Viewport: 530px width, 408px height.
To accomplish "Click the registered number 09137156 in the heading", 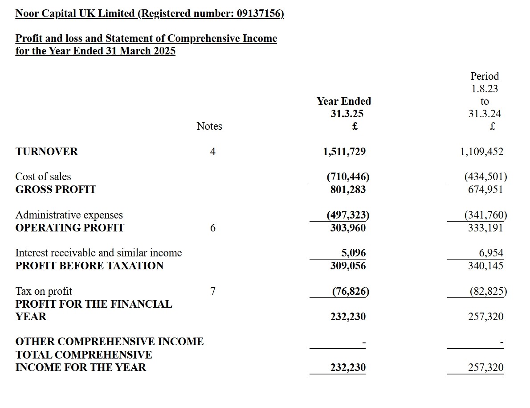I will [x=259, y=13].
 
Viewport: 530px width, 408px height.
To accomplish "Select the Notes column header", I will [x=209, y=126].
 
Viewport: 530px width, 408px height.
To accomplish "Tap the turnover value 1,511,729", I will [x=344, y=152].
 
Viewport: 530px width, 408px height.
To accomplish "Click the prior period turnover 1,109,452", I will [x=481, y=152].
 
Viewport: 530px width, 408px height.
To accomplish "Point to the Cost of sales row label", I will [x=43, y=177].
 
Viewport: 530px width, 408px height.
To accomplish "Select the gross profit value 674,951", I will [x=485, y=190].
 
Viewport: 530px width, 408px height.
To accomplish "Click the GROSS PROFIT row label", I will [x=56, y=190].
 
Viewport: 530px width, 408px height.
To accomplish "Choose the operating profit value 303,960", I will [x=348, y=228].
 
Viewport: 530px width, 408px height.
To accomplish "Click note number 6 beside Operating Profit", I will [x=213, y=228].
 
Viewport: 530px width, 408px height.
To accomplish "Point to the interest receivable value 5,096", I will [x=354, y=253].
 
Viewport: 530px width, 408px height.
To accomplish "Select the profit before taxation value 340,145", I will [x=485, y=266].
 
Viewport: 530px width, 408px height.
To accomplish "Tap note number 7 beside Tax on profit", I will [x=213, y=291].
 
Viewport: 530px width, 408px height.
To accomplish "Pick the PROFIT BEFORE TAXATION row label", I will [x=90, y=266].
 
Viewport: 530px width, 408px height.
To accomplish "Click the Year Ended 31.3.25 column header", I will [x=344, y=107].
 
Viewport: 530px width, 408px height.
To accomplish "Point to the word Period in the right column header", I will [x=485, y=76].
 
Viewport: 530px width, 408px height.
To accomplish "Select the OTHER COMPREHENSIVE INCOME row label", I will [x=110, y=342].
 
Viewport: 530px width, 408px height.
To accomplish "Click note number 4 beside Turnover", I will [x=213, y=152].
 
